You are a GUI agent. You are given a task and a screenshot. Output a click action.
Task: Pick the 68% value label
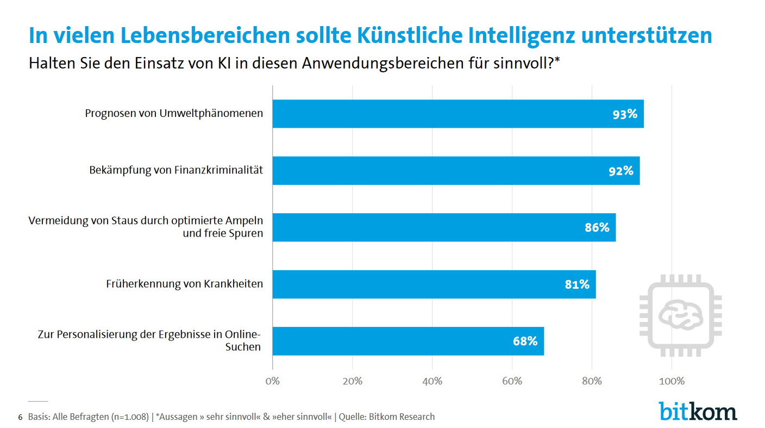[x=525, y=341]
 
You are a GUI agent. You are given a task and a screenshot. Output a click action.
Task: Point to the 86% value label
[x=597, y=227]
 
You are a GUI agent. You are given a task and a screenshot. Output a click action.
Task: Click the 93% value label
[x=625, y=114]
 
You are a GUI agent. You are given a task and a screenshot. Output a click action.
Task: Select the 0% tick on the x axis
[x=272, y=381]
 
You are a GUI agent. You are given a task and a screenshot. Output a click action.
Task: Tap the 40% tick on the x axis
[x=432, y=381]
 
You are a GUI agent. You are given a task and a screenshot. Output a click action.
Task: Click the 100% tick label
[x=672, y=381]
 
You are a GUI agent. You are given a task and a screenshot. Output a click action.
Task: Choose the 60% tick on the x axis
[x=512, y=381]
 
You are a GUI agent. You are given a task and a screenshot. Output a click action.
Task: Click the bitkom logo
[x=698, y=411]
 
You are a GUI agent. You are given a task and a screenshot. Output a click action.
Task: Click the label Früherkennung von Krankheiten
[x=184, y=284]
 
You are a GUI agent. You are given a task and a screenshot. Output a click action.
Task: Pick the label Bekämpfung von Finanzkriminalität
[x=176, y=170]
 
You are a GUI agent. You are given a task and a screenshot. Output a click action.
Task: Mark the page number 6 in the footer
[x=21, y=417]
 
